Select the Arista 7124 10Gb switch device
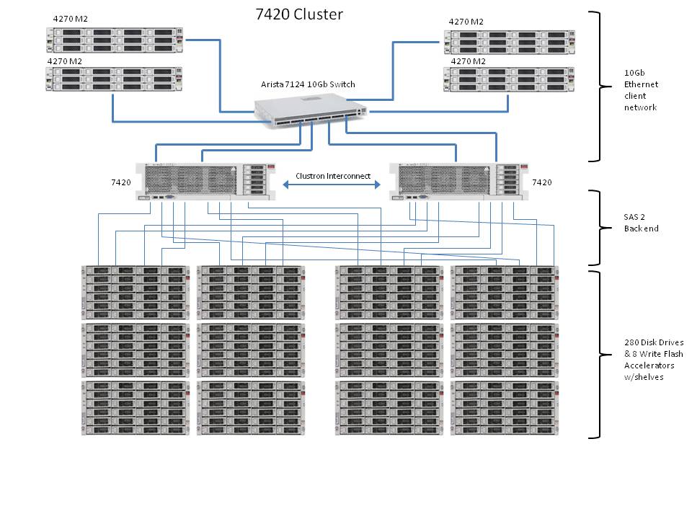point(311,113)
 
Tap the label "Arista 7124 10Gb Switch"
point(308,84)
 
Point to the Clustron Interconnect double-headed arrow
point(332,185)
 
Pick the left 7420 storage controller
point(208,181)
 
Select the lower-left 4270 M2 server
point(115,79)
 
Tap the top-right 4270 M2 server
point(510,42)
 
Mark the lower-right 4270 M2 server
point(510,79)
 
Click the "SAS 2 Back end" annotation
point(640,223)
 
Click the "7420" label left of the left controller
point(121,182)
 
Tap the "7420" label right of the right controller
point(541,182)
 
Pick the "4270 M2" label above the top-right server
point(466,22)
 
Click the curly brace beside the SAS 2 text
point(598,228)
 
